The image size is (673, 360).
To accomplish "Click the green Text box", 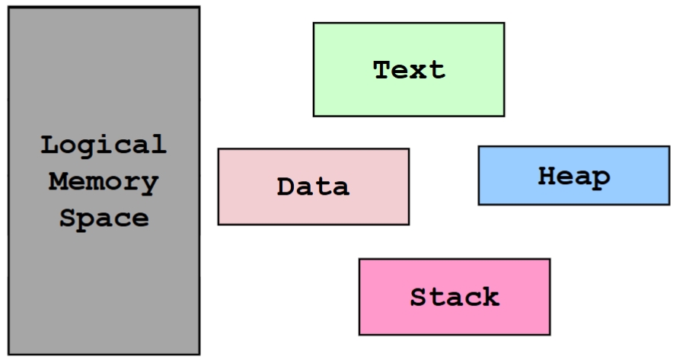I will (x=408, y=69).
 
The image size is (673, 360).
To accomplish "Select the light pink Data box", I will (x=313, y=186).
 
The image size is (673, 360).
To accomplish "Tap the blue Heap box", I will (x=573, y=176).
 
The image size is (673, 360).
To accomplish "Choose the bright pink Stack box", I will (x=454, y=297).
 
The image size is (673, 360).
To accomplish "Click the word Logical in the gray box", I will (x=104, y=145).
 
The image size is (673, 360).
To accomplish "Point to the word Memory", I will (x=104, y=182).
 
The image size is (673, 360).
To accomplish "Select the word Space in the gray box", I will (x=104, y=219).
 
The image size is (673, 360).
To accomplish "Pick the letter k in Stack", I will (x=490, y=296).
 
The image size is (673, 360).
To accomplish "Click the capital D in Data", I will (x=285, y=186).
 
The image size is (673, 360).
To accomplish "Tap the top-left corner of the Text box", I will (x=314, y=23).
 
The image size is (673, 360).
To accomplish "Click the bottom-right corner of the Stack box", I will (x=549, y=334).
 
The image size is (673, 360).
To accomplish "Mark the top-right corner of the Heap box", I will (x=668, y=147).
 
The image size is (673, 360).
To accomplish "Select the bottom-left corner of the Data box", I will (x=219, y=224).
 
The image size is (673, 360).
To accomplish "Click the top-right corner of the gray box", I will (x=199, y=8).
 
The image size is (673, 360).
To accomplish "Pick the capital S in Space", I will (x=68, y=218).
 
